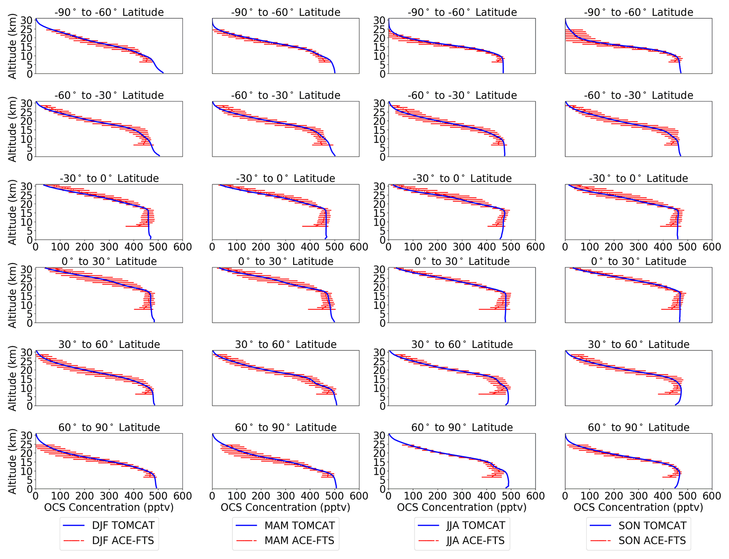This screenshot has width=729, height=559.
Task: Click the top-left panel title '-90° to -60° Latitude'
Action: pyautogui.click(x=109, y=12)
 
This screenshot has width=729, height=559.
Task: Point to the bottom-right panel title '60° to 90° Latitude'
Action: pyautogui.click(x=638, y=428)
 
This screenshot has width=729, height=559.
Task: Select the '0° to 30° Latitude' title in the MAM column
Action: pyautogui.click(x=286, y=262)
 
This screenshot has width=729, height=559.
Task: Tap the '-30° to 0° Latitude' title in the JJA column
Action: pyautogui.click(x=462, y=179)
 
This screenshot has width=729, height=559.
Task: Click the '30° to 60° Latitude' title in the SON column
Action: pyautogui.click(x=638, y=345)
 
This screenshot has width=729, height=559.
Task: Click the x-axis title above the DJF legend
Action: pyautogui.click(x=109, y=507)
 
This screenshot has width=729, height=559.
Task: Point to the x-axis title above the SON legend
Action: pyautogui.click(x=638, y=507)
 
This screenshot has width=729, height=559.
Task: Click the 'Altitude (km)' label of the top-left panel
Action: pyautogui.click(x=12, y=46)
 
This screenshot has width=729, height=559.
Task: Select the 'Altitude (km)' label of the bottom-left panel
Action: pyautogui.click(x=12, y=461)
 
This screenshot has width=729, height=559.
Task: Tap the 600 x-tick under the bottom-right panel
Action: pyautogui.click(x=712, y=496)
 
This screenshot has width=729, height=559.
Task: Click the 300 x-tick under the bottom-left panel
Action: pyautogui.click(x=109, y=496)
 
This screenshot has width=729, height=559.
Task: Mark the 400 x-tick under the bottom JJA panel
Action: pyautogui.click(x=486, y=496)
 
